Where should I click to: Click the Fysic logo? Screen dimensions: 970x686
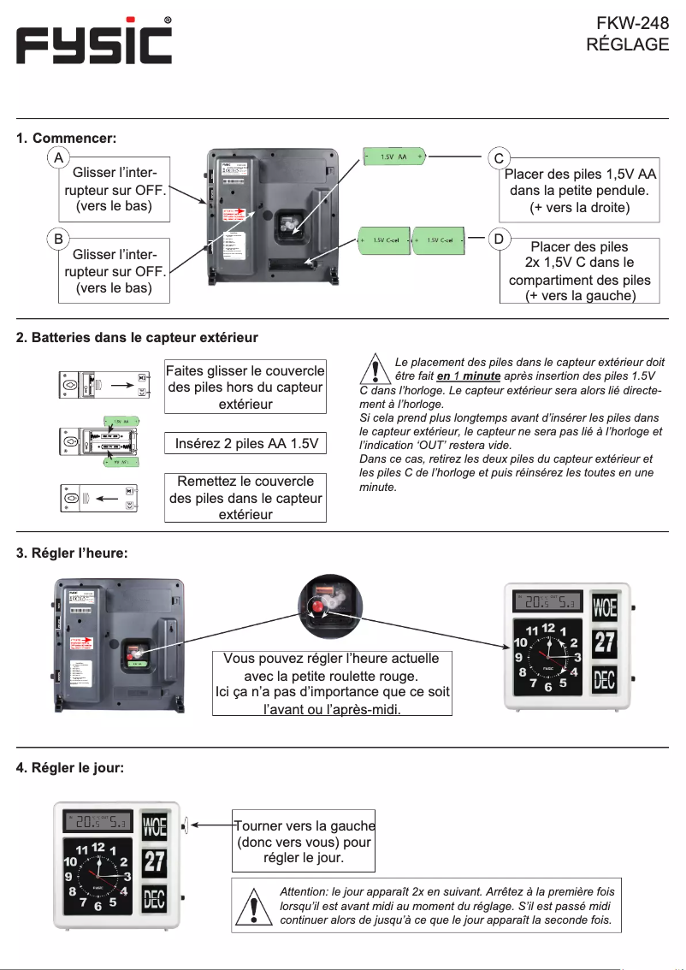pos(94,42)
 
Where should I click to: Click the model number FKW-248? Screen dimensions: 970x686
pos(632,23)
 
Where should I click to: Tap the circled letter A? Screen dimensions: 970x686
pos(57,159)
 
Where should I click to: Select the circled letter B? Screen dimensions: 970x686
pos(57,240)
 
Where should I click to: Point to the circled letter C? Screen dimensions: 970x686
pos(499,158)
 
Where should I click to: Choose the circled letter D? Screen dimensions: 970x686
pos(499,239)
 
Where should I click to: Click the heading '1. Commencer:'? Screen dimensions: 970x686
pos(66,138)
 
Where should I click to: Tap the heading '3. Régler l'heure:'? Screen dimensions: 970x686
pos(73,553)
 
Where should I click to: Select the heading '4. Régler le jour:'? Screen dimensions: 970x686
pos(70,767)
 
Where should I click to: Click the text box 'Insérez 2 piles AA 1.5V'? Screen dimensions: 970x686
pos(246,443)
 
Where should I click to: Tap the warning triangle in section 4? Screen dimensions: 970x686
pos(254,907)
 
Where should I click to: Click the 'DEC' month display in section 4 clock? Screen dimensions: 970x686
pos(154,899)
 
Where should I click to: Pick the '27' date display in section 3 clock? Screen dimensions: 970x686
pos(605,643)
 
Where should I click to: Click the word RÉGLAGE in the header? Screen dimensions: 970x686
pos(627,45)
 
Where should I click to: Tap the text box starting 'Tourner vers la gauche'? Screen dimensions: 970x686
pos(304,841)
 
